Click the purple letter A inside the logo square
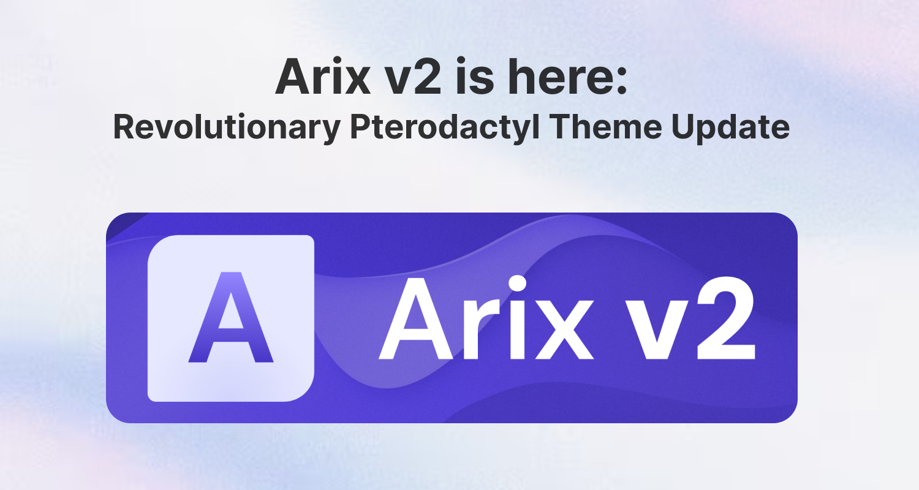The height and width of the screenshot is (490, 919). [230, 318]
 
